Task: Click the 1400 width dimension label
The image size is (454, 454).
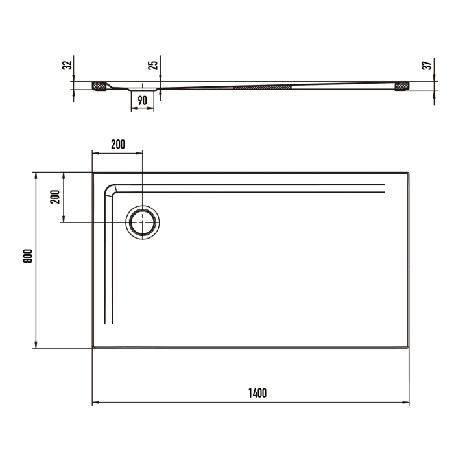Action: pos(257,392)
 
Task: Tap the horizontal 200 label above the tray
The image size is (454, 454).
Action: pos(117,145)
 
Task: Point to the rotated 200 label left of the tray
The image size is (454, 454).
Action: pos(55,197)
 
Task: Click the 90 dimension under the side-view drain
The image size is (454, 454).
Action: pos(143,100)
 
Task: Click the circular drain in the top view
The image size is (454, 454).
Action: pos(142,222)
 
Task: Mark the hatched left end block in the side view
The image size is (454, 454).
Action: pos(99,86)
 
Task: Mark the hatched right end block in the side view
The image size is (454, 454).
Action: pos(402,86)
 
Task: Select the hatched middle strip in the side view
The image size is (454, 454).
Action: pos(263,86)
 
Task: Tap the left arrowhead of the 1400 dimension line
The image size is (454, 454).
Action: pos(95,403)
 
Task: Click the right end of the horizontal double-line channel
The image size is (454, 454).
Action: pos(384,188)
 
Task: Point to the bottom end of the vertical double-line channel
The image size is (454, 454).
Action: pos(110,322)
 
